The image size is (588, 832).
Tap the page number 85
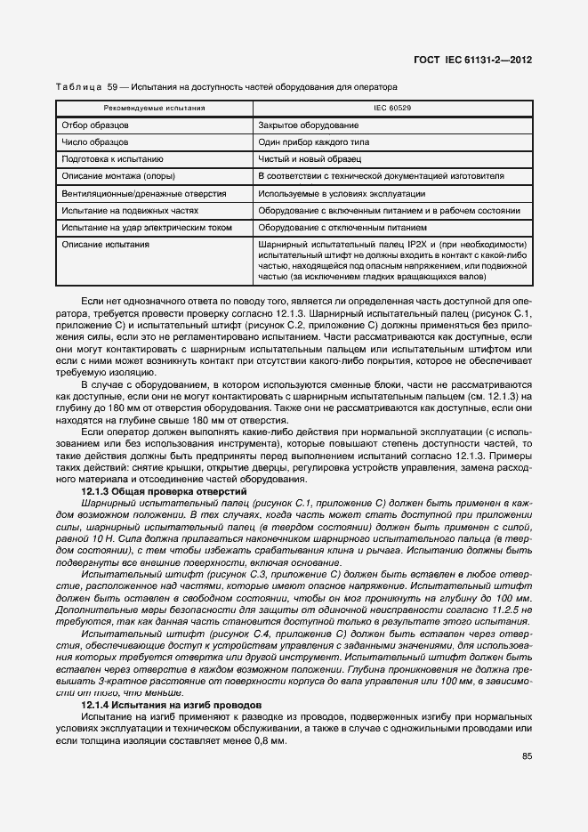click(x=527, y=757)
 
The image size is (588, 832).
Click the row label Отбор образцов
click(x=95, y=125)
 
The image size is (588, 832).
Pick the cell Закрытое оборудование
click(x=309, y=125)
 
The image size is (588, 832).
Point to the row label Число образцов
click(x=94, y=142)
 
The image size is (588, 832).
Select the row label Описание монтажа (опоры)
click(x=117, y=177)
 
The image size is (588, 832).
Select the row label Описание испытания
click(x=105, y=245)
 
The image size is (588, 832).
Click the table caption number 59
click(x=112, y=87)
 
